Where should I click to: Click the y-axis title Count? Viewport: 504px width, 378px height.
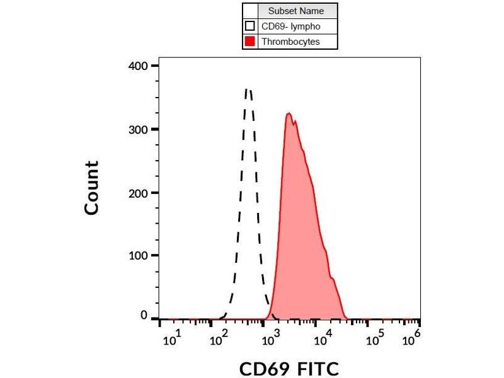(92, 188)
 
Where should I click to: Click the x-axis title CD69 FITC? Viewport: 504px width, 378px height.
(289, 369)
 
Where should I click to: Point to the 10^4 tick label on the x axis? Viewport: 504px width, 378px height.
(325, 340)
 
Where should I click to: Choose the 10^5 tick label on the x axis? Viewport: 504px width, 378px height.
(377, 340)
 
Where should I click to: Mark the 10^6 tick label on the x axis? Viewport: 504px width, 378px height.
(411, 340)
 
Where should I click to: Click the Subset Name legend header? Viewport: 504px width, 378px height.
(296, 11)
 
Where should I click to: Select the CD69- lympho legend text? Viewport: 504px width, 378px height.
(291, 26)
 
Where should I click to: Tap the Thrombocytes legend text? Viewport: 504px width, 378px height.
(290, 42)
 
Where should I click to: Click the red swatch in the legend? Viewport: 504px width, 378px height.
(250, 42)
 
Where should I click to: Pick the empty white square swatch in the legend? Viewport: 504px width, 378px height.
(250, 26)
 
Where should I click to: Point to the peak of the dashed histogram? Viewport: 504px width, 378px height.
(248, 90)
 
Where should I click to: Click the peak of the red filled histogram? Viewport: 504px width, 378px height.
(289, 114)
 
